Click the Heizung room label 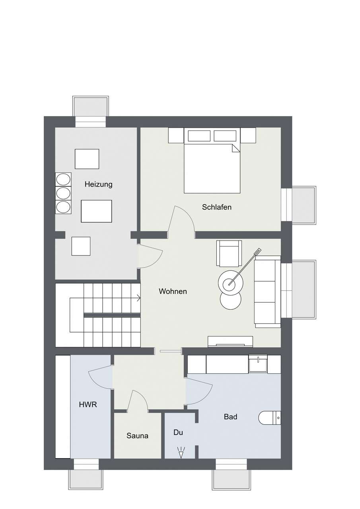coord(98,185)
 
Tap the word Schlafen coord(216,207)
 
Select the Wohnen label coord(173,291)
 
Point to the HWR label coord(88,405)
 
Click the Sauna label coord(137,436)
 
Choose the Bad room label coord(230,417)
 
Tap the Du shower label coord(178,432)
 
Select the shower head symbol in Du coord(181,452)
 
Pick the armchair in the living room coord(229,253)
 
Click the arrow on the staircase coord(138,297)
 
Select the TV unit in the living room coord(230,341)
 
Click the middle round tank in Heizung coord(63,193)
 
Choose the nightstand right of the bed coord(248,135)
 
